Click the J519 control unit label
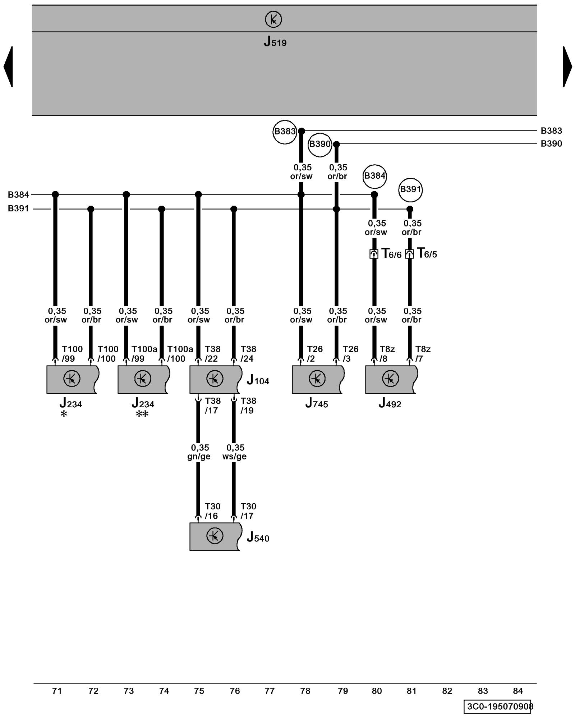275,42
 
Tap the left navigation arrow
9,67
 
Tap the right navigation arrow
567,67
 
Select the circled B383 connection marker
285,132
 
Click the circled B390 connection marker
319,145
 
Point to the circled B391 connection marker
410,189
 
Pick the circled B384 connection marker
374,176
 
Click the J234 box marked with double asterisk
143,379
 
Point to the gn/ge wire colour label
199,457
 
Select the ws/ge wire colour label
234,457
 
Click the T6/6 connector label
391,254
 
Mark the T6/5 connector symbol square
409,254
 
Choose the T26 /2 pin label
314,354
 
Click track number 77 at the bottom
270,691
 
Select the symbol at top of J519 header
273,19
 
